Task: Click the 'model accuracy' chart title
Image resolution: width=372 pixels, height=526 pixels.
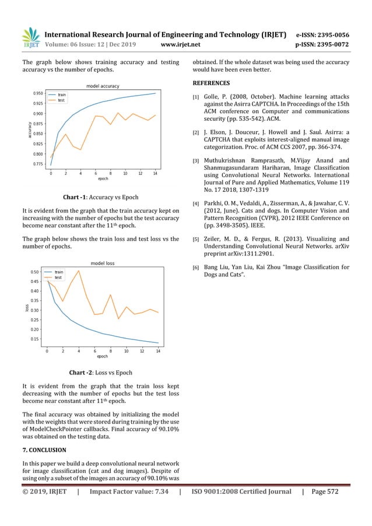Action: [x=103, y=86]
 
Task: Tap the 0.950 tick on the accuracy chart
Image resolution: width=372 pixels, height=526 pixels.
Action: [x=38, y=93]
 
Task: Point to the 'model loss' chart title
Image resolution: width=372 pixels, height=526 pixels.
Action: [x=102, y=263]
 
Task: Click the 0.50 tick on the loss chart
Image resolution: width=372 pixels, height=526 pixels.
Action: [x=35, y=272]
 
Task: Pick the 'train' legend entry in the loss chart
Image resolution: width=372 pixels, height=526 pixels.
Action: [x=59, y=272]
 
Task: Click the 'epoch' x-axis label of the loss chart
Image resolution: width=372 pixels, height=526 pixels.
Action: [x=102, y=356]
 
